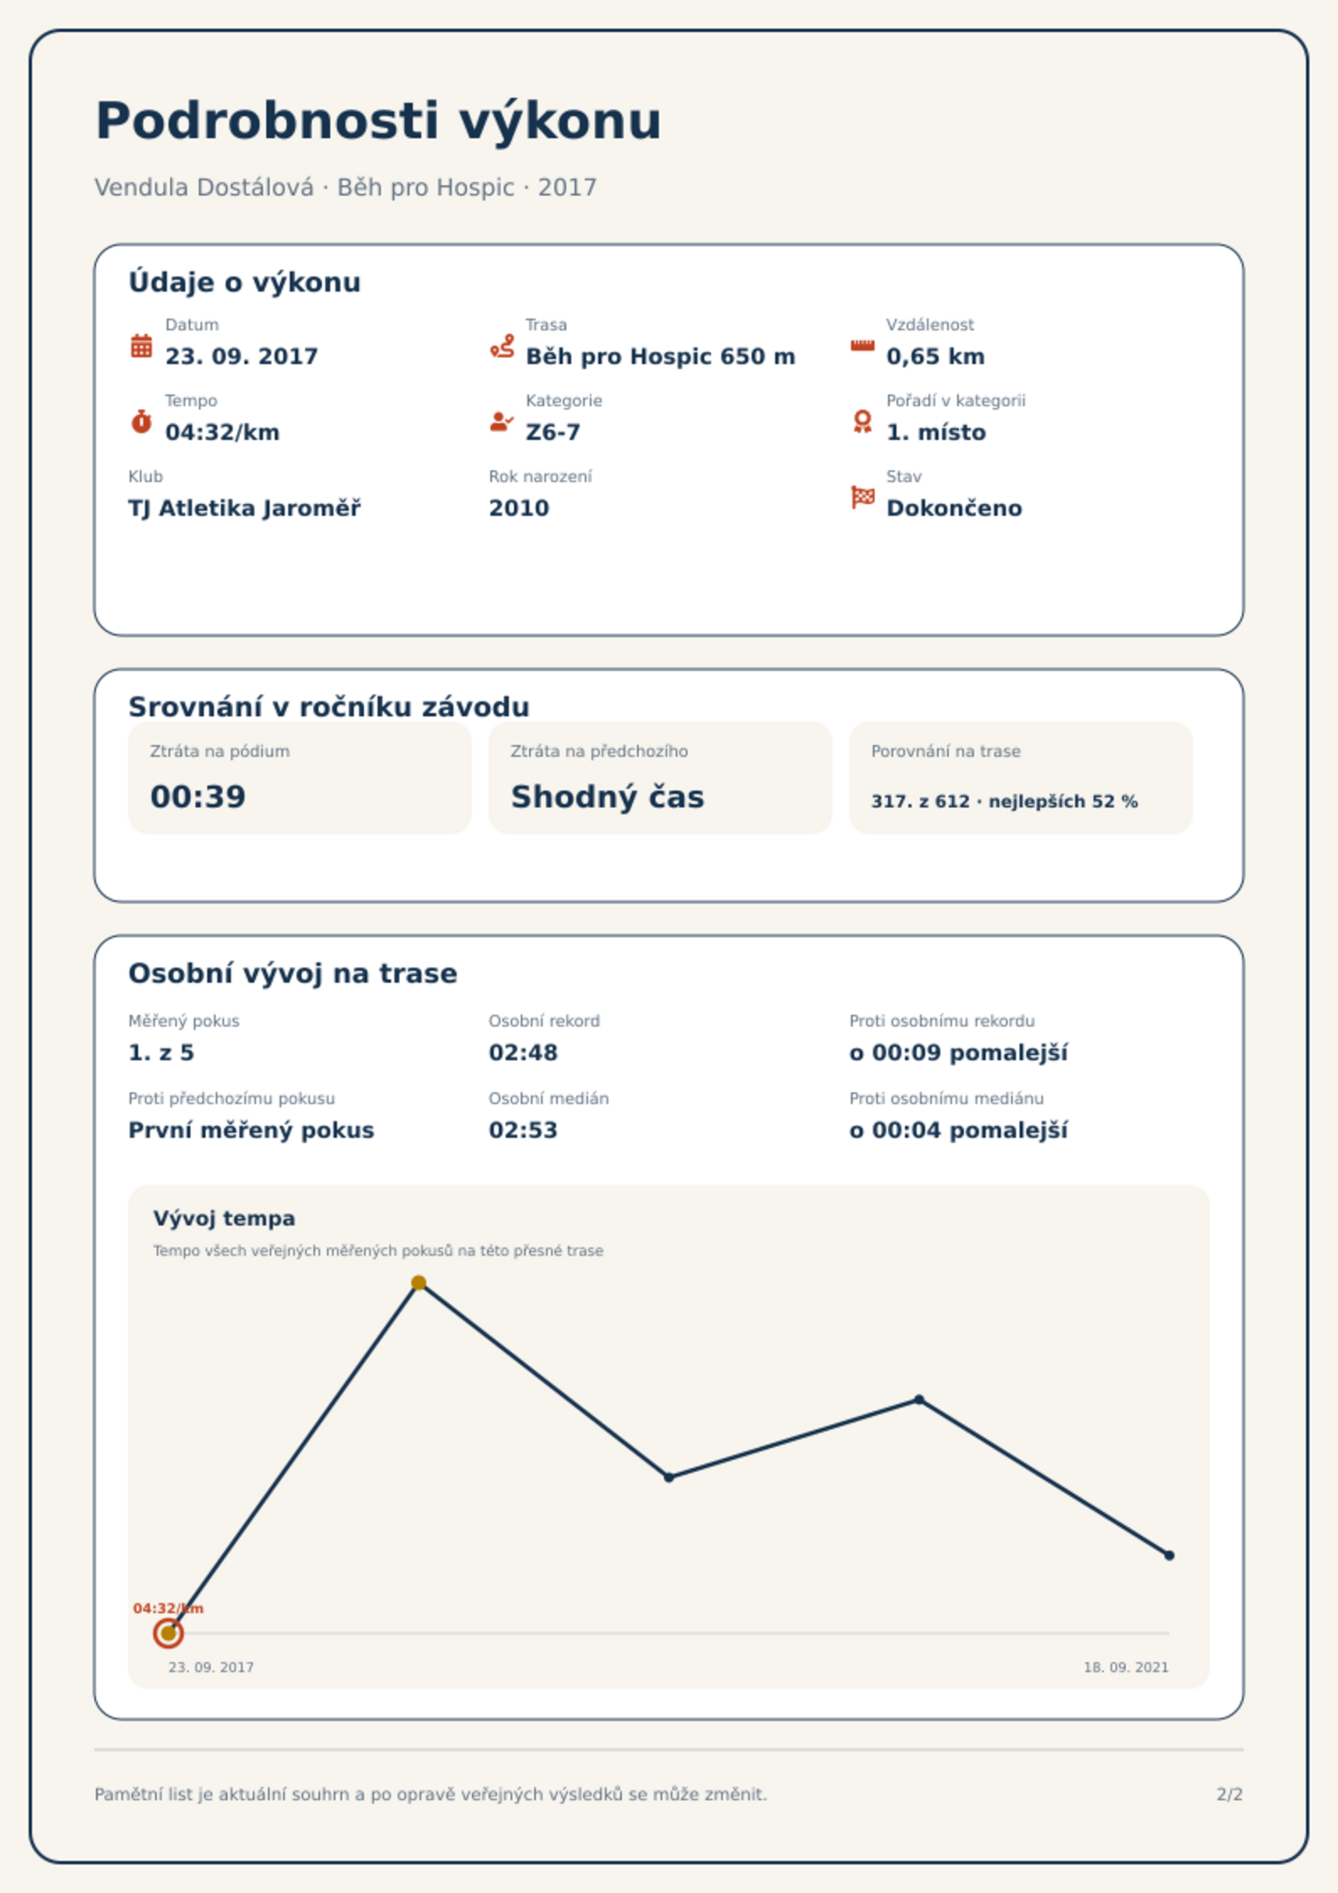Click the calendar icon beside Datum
(142, 346)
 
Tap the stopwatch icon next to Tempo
(142, 421)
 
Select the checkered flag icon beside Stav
(863, 497)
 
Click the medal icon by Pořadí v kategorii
(862, 421)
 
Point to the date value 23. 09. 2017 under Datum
(242, 357)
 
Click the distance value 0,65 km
(935, 357)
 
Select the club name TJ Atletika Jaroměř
(244, 508)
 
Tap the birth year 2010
(519, 508)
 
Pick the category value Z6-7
(553, 432)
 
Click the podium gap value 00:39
(198, 796)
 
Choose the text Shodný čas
(607, 796)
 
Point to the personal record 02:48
(523, 1053)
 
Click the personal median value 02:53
(523, 1130)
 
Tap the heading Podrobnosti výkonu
(378, 121)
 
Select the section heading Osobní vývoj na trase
(292, 973)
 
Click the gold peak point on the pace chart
(419, 1283)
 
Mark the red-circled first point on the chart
(169, 1633)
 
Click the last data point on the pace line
(1169, 1555)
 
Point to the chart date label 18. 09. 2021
(1126, 1667)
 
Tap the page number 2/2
(1229, 1794)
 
